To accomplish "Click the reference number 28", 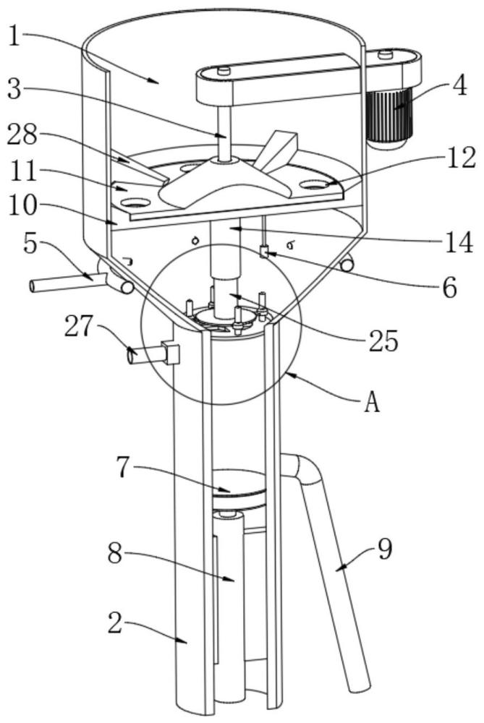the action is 22,136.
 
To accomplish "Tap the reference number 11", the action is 22,171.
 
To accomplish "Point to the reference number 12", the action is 462,158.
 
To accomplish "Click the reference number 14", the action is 459,241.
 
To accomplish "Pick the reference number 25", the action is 384,342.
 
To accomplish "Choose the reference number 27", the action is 78,327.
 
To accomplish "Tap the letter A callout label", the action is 372,403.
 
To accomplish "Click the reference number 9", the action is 385,549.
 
